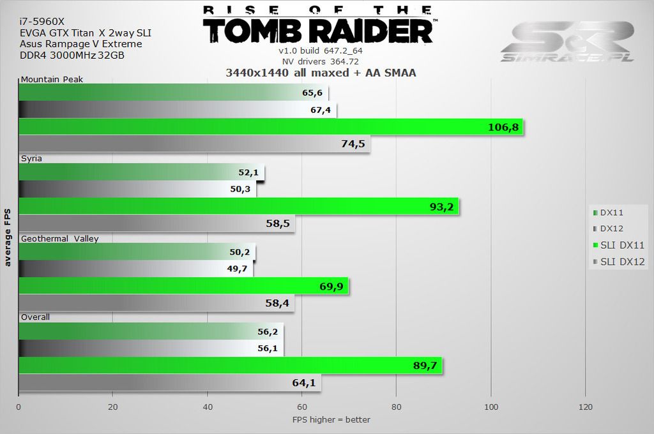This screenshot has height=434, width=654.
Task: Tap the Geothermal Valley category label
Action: tap(59, 239)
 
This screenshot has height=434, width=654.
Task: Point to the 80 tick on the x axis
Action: tap(397, 407)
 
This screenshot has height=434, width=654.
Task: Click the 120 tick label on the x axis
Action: tap(585, 407)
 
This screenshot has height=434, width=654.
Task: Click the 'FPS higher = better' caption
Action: tap(331, 419)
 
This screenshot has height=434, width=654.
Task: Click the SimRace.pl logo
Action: tap(567, 42)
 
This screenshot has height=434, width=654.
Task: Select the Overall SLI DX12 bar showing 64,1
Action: tap(169, 383)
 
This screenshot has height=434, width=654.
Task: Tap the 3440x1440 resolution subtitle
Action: tap(321, 73)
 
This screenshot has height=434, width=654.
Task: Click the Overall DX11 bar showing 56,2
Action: tap(151, 332)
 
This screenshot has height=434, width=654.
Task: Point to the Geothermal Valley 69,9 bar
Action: tap(183, 287)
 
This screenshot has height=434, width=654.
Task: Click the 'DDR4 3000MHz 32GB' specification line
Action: tap(72, 56)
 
